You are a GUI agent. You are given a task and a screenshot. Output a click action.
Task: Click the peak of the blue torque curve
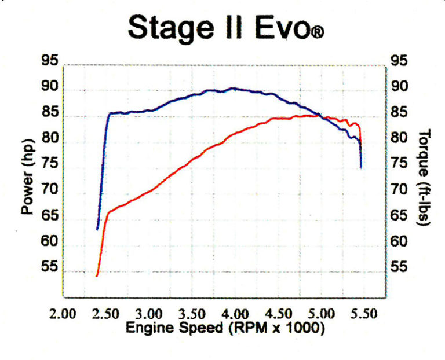[x=232, y=88]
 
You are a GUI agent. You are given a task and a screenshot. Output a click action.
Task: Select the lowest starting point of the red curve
[x=97, y=276]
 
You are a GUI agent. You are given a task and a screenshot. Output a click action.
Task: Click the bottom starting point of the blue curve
[x=97, y=229]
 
